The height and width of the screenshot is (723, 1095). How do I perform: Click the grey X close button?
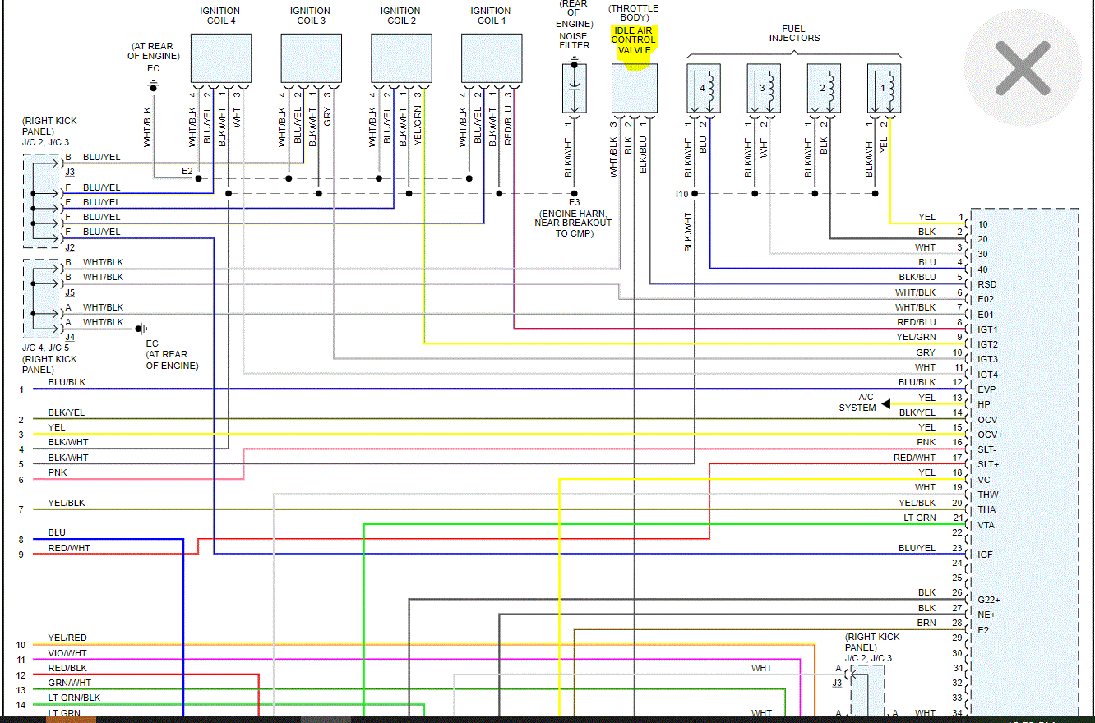(x=1023, y=68)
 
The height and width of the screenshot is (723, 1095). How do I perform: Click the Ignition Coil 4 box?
(x=221, y=58)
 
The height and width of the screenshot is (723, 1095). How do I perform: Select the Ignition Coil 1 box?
(x=492, y=58)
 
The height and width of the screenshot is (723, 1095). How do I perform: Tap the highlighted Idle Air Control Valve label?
(x=634, y=40)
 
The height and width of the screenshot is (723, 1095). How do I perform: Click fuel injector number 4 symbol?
(x=704, y=89)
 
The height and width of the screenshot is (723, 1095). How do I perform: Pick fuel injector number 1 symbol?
(x=884, y=89)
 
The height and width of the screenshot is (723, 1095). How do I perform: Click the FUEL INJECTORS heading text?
(x=794, y=33)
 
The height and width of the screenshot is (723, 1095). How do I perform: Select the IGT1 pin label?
(x=987, y=329)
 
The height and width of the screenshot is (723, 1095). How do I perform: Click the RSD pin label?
(x=987, y=284)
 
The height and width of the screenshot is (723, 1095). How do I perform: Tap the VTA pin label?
(x=986, y=525)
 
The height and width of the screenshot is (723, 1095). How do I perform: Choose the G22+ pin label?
(x=988, y=600)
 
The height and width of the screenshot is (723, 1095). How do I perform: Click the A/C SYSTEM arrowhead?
(x=885, y=404)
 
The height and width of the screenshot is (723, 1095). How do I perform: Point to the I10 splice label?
(x=681, y=194)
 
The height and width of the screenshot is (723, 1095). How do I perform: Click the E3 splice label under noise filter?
(x=574, y=202)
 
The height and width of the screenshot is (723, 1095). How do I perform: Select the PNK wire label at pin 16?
(x=926, y=442)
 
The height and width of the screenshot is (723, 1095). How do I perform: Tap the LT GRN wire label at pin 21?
(x=920, y=518)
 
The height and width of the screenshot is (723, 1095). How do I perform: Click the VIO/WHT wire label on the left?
(x=68, y=653)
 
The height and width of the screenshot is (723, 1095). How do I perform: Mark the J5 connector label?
(x=70, y=292)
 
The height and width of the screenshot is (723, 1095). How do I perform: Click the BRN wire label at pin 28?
(x=926, y=623)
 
